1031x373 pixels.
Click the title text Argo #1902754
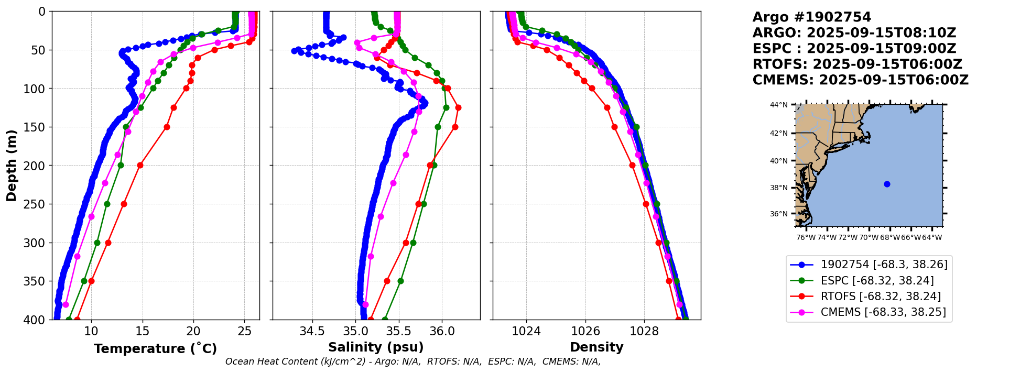coord(811,17)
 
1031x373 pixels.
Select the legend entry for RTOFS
coord(881,297)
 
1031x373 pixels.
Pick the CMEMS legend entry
coord(883,312)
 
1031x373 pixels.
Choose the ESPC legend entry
coord(877,281)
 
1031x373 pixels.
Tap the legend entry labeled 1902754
coord(884,265)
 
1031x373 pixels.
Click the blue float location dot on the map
coord(887,184)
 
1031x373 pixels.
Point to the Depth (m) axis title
coord(12,166)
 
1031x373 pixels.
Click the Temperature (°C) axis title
coord(155,348)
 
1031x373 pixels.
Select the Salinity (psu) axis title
coord(376,347)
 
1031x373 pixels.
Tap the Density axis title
coord(596,347)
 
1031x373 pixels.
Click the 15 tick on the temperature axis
coord(142,331)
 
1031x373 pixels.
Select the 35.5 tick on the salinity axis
coord(399,331)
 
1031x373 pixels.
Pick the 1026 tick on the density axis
coord(585,331)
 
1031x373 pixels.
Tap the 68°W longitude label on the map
coord(889,237)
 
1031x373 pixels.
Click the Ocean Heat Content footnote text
coord(413,361)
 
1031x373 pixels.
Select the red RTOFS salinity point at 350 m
coord(387,281)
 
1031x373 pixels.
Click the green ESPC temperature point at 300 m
coord(97,243)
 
